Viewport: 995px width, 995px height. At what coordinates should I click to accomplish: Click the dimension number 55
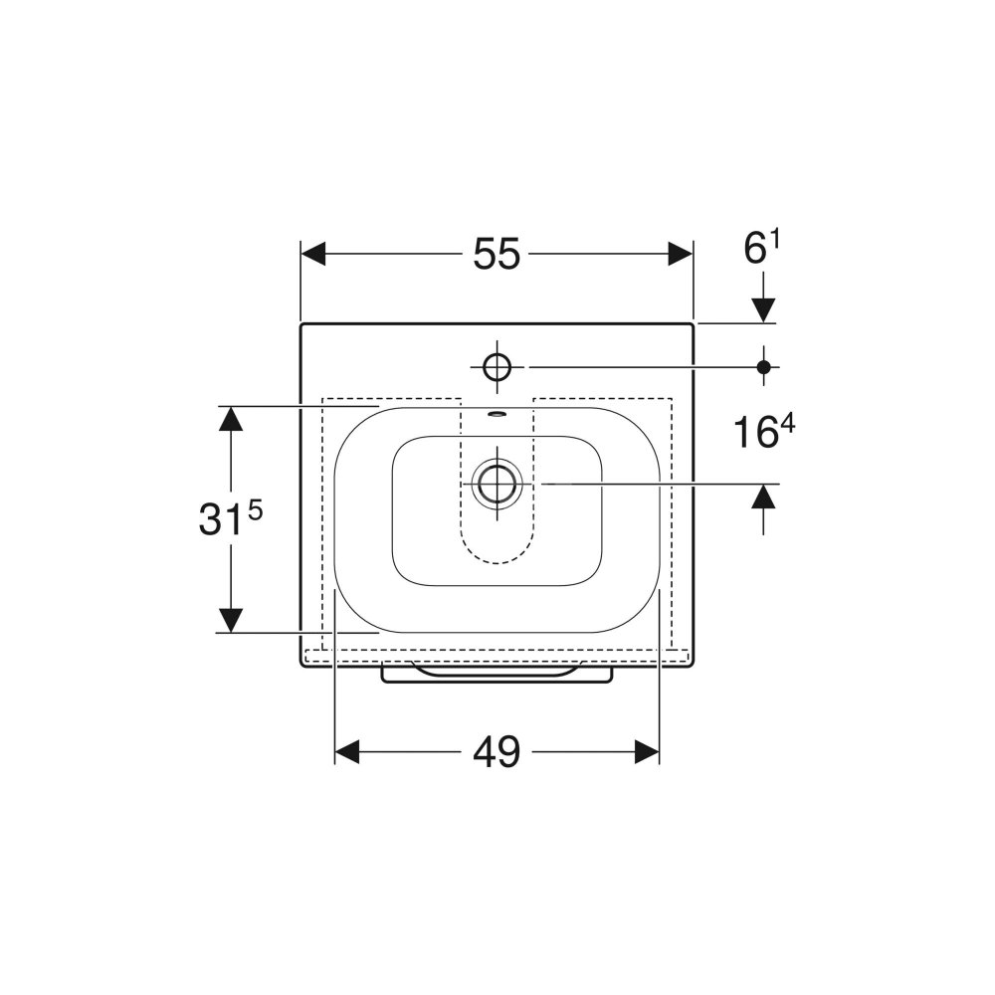(x=497, y=254)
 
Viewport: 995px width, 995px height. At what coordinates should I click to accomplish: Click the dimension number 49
(x=497, y=752)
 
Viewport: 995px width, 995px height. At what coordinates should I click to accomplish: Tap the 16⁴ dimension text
(x=764, y=432)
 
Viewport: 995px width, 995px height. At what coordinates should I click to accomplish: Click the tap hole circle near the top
(x=497, y=367)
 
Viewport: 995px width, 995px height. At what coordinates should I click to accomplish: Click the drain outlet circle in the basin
(x=497, y=484)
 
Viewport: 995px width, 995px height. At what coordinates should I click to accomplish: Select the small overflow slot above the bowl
(x=497, y=414)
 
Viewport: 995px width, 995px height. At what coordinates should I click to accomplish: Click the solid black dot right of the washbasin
(x=764, y=367)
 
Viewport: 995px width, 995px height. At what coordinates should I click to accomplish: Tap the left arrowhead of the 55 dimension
(x=313, y=254)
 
